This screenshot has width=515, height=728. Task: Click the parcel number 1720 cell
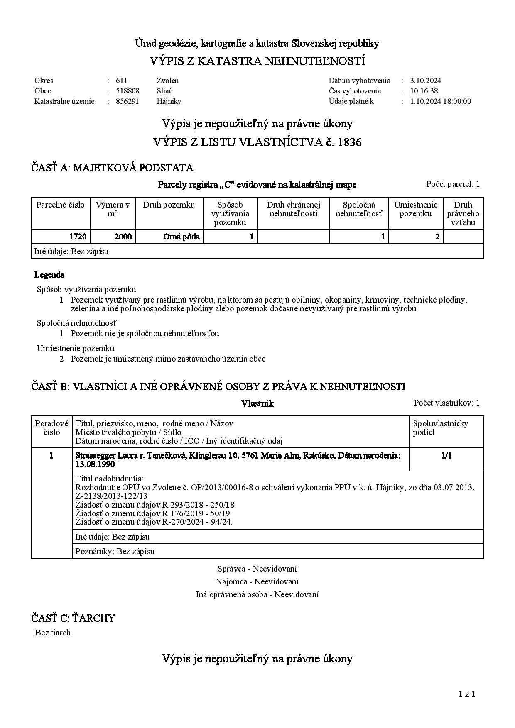[x=78, y=237]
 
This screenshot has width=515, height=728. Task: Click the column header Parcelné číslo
[x=60, y=205]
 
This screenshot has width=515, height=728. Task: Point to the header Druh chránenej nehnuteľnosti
[x=293, y=209]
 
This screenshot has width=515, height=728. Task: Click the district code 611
[x=121, y=81]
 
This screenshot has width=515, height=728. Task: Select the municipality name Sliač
[x=164, y=91]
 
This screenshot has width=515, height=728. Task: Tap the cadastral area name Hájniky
[x=169, y=101]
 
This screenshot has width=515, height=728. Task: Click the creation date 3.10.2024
[x=425, y=81]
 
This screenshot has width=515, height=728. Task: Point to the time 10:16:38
[x=424, y=91]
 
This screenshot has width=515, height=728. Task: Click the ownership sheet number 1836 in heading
[x=350, y=142]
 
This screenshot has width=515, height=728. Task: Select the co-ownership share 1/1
[x=446, y=456]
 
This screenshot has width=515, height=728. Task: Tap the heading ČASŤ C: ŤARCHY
[x=73, y=618]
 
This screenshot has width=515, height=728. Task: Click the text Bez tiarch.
[x=54, y=633]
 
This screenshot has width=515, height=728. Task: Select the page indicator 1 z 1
[x=467, y=694]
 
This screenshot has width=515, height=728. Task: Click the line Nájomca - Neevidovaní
[x=257, y=581]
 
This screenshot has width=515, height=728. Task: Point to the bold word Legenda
[x=49, y=275]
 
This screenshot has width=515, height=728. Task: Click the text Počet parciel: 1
[x=453, y=184]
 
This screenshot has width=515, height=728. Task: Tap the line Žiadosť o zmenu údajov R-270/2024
[x=154, y=522]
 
